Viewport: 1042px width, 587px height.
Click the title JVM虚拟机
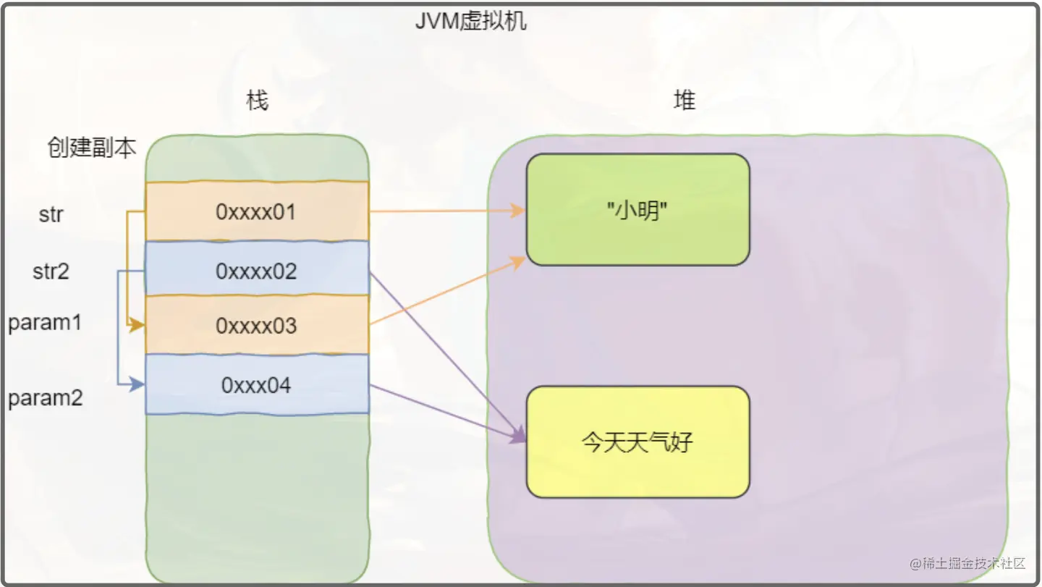(x=470, y=21)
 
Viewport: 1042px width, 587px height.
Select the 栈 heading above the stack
(x=258, y=101)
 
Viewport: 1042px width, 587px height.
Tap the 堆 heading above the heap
(x=684, y=101)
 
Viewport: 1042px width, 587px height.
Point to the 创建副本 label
(x=91, y=148)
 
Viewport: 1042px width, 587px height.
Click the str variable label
(x=51, y=215)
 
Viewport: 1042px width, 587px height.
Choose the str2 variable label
(x=51, y=272)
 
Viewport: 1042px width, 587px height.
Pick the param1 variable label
(x=45, y=323)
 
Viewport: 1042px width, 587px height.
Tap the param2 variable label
(x=45, y=398)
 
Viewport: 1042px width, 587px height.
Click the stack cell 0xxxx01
(x=257, y=211)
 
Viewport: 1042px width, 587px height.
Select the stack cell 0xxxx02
(x=257, y=271)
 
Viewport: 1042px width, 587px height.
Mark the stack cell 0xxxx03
(x=257, y=326)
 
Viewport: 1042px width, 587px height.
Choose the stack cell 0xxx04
(x=257, y=385)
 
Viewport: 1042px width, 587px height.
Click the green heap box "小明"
(x=638, y=210)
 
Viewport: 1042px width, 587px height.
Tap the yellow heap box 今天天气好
(x=638, y=442)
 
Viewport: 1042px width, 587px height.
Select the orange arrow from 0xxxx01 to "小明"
(x=445, y=211)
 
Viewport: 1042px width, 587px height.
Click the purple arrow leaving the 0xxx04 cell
(x=445, y=412)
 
